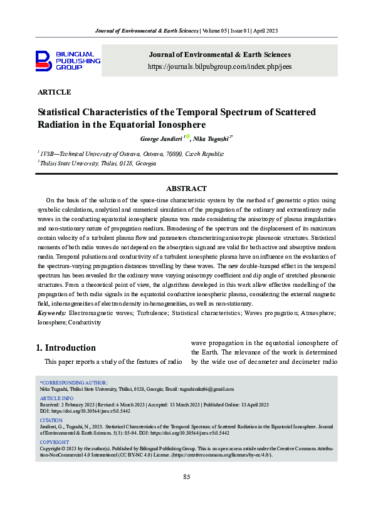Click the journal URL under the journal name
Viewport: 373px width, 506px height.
click(219, 66)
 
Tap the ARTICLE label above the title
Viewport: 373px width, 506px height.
click(55, 92)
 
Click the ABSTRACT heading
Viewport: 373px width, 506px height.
click(186, 188)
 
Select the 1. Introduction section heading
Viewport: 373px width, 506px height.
click(66, 348)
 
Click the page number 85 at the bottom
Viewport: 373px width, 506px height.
click(186, 477)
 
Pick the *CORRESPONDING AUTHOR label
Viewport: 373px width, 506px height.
click(74, 382)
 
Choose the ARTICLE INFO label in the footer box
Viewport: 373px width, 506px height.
click(56, 398)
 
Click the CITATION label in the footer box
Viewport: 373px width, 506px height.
click(51, 421)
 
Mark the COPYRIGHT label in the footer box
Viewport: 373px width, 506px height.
click(55, 443)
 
